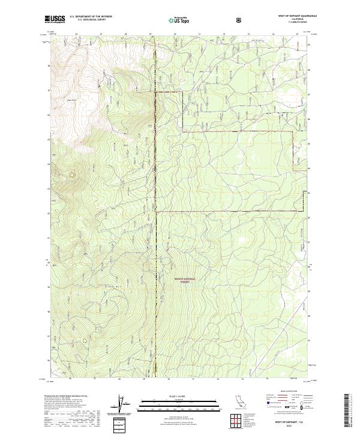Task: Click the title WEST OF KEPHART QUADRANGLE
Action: point(292,16)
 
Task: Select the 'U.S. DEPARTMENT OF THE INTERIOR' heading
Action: point(91,16)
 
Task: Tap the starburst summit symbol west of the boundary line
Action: point(73,175)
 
